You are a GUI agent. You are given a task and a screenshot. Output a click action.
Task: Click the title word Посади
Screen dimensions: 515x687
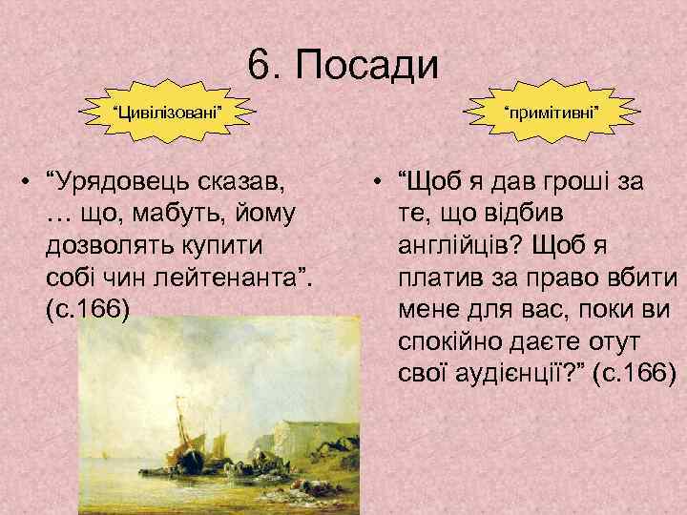click(366, 67)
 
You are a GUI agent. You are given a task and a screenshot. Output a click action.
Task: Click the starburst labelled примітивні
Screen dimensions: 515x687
click(552, 113)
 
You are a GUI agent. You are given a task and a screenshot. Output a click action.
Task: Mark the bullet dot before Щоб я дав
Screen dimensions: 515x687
click(380, 180)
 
